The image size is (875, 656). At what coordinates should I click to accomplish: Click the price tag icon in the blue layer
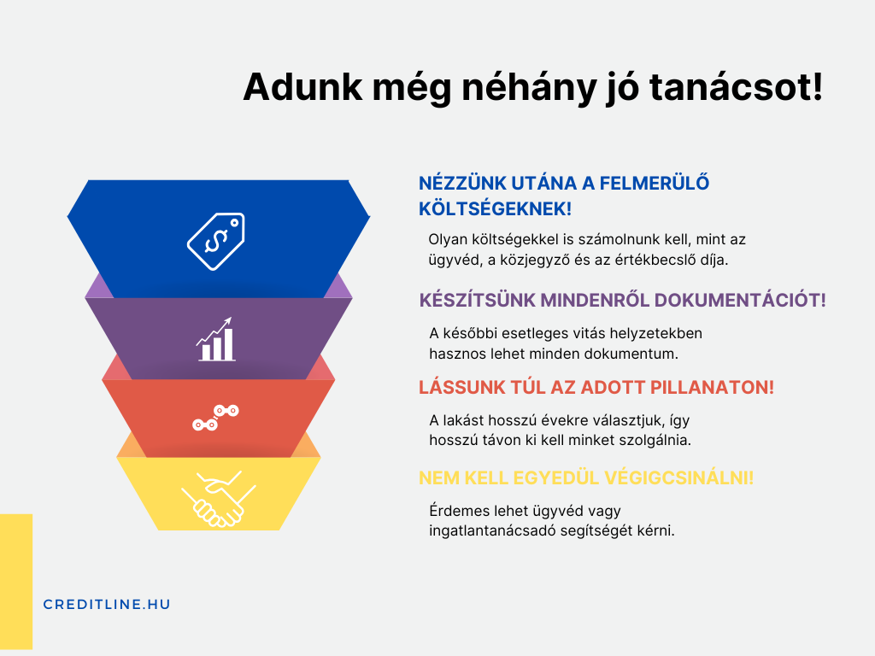point(216,241)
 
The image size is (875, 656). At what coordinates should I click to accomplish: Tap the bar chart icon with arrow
point(215,339)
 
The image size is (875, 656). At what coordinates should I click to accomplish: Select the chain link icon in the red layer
point(215,418)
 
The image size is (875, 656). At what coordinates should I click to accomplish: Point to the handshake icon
point(218,499)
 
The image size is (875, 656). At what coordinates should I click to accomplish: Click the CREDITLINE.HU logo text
point(107,605)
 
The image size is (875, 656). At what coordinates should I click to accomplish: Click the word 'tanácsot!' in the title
point(736,87)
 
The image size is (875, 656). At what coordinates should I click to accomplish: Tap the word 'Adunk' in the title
point(303,87)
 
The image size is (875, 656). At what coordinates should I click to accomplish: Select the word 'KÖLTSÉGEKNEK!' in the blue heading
point(495,209)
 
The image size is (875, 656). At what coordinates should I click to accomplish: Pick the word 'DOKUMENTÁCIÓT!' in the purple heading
point(740,300)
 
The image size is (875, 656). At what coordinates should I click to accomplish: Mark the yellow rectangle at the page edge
point(16,582)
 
